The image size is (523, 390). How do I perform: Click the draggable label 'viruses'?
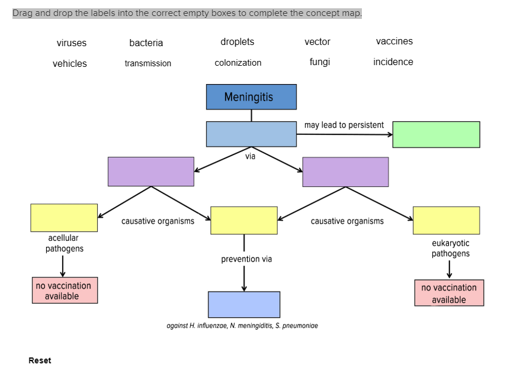point(71,43)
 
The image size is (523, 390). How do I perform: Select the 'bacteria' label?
point(146,43)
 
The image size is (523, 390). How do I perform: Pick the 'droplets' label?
point(237,41)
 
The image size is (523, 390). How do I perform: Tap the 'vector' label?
point(317,41)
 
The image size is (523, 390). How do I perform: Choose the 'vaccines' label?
point(394,41)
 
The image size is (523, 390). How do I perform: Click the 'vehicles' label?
point(69,63)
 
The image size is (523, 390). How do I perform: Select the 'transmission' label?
point(147,63)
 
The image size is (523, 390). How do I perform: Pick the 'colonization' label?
point(238,63)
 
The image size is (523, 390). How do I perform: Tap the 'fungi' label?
point(319,62)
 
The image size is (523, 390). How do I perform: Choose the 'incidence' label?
point(393,62)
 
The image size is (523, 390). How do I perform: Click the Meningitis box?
point(251,97)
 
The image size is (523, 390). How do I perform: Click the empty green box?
point(436,134)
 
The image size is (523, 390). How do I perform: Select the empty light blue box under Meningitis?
point(251,134)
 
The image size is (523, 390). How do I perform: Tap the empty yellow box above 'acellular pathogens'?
point(64,218)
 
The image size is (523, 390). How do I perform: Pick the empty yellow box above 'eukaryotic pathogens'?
point(446,220)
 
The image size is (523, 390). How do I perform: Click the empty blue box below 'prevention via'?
point(243,304)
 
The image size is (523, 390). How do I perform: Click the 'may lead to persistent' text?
point(344,125)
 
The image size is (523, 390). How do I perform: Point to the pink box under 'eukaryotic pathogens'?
point(448,293)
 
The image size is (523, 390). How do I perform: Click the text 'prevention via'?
point(246,259)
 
